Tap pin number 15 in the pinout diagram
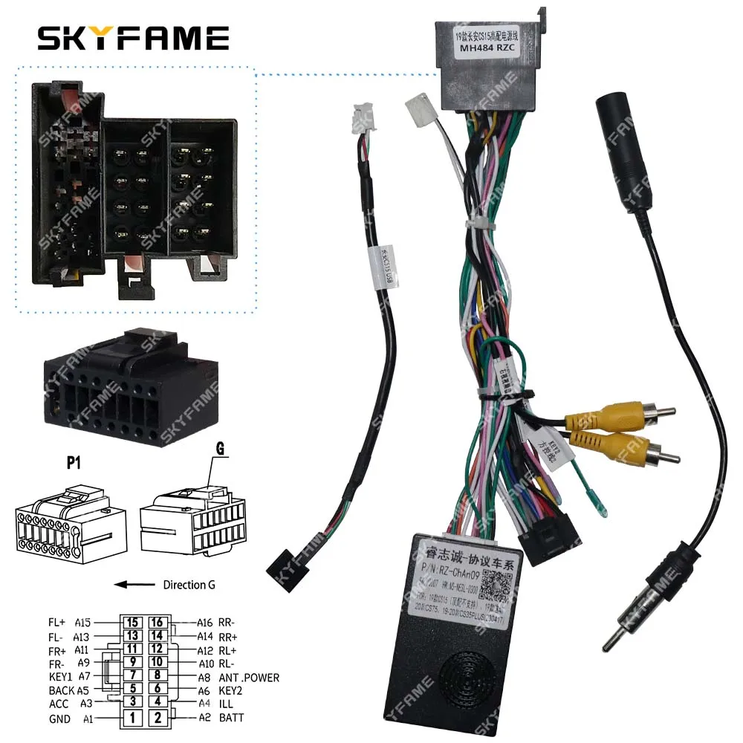click(132, 622)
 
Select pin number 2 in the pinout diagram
click(158, 718)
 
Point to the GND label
click(59, 719)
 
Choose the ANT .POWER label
click(249, 678)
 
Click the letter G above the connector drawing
click(221, 450)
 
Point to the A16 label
click(206, 622)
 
